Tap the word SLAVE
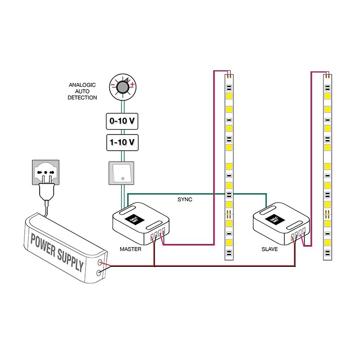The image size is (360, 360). coord(269,249)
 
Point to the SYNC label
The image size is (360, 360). coord(185,199)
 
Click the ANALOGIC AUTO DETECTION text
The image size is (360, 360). coord(82,91)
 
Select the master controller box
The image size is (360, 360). coord(141,222)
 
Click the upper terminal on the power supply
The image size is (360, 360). coord(99,262)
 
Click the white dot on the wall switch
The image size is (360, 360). coord(122,180)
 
